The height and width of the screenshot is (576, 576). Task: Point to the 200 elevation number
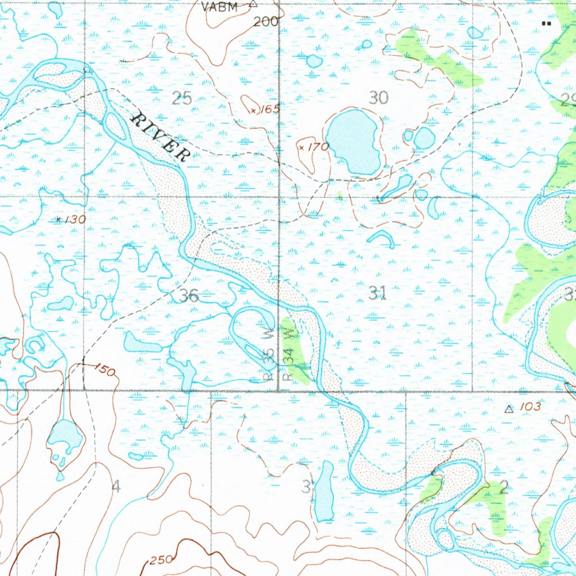pos(265,22)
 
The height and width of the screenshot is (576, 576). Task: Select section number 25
pos(182,99)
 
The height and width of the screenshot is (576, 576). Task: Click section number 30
pos(379,97)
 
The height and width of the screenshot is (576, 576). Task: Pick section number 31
pos(377,292)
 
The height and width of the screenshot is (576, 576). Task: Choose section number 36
pos(190,295)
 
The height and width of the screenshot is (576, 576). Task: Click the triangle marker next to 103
pos(509,409)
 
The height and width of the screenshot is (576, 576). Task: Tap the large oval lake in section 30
pos(353,142)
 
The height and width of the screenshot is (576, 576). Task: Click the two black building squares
pos(544,23)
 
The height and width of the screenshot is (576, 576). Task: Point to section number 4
pos(116,487)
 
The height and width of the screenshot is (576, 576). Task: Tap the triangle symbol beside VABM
pos(253,4)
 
